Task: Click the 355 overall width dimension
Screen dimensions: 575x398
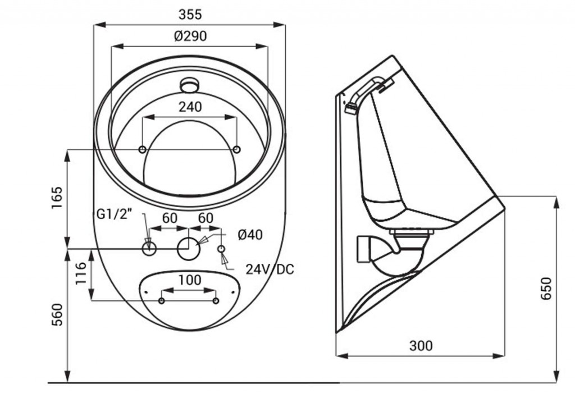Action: (x=190, y=14)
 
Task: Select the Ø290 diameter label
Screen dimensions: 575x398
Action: (x=190, y=36)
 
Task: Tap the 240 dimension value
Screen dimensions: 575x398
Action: (x=190, y=107)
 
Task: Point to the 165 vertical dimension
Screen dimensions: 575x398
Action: (x=57, y=198)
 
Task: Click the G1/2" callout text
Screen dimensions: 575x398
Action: (x=113, y=214)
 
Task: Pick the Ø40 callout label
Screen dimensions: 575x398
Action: (x=250, y=235)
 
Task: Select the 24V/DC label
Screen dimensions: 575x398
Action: (x=270, y=269)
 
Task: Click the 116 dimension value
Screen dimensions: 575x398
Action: (x=81, y=273)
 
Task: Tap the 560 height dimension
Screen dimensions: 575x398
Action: (x=57, y=314)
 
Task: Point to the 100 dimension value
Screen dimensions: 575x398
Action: (x=190, y=280)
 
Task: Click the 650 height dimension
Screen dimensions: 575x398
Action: (x=546, y=289)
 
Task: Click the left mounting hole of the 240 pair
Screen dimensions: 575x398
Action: (x=143, y=149)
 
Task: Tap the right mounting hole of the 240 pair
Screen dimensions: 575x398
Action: (x=237, y=149)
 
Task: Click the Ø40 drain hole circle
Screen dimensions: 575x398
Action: (x=189, y=249)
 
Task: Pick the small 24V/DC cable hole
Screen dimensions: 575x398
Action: (x=221, y=249)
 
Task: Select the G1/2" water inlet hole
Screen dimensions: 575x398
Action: (x=149, y=249)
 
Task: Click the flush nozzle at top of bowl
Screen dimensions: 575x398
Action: (x=190, y=85)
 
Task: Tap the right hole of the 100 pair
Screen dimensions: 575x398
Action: (x=216, y=301)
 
